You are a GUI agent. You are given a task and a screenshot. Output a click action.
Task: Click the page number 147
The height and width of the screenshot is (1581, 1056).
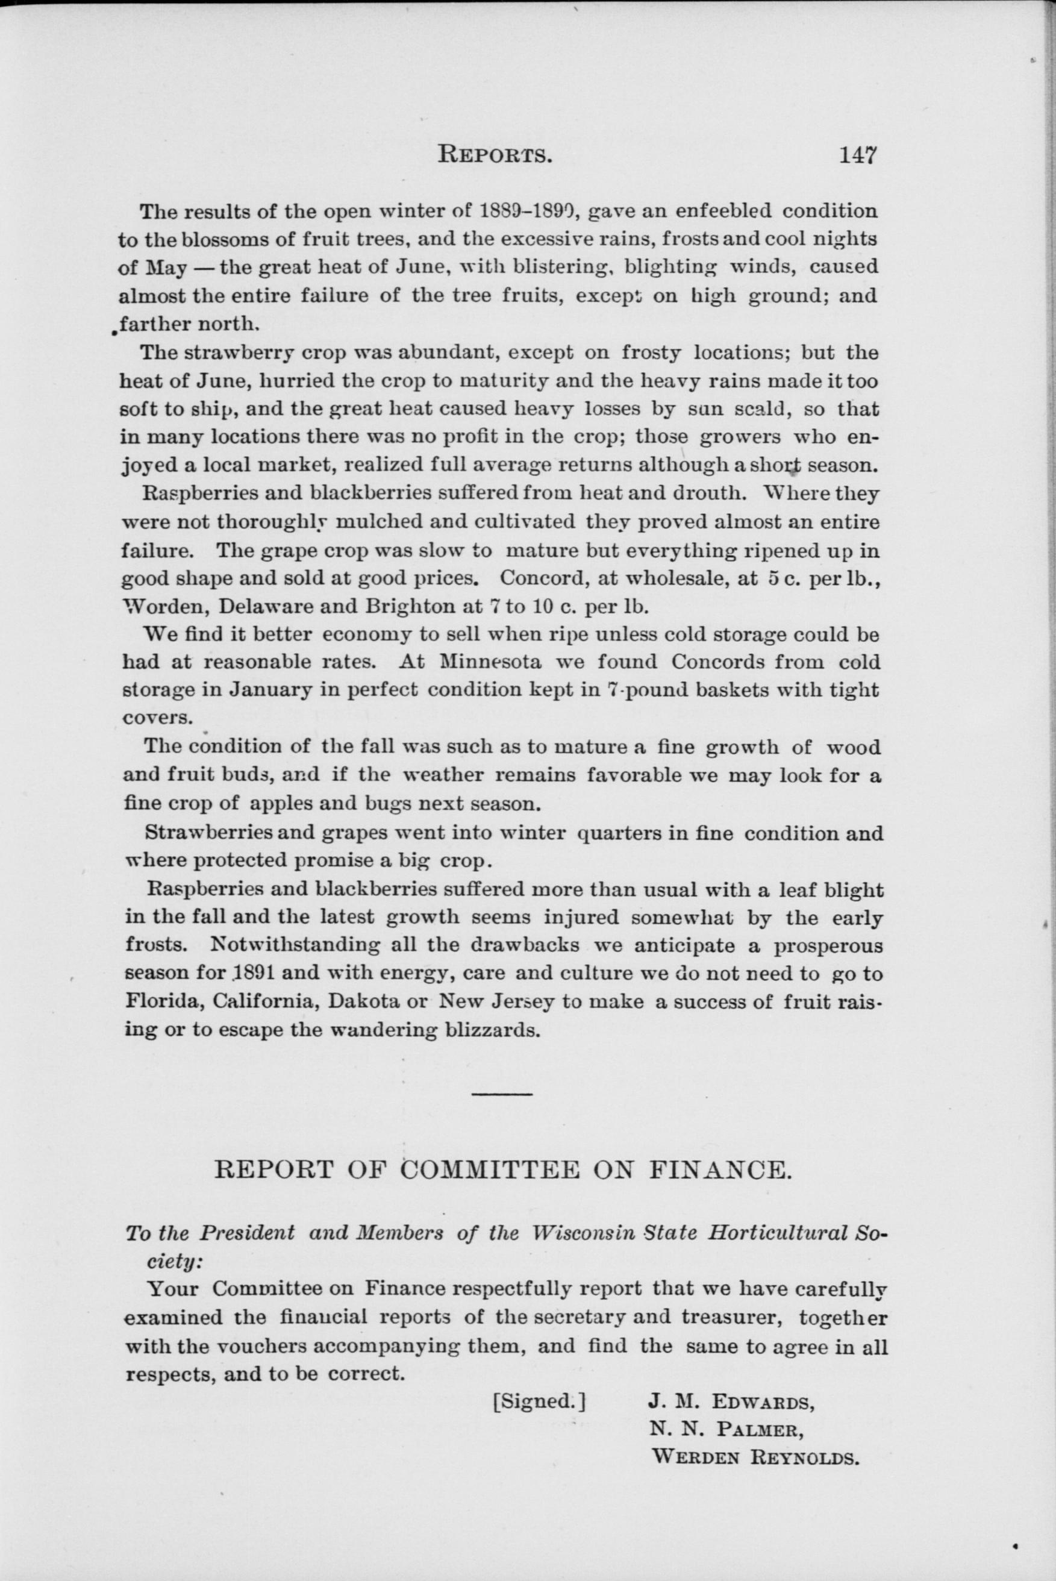pyautogui.click(x=858, y=155)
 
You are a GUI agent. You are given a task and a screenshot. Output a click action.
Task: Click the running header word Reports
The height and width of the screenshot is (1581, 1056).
pyautogui.click(x=495, y=155)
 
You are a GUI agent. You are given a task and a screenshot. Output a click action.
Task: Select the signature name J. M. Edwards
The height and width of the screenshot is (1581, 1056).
pyautogui.click(x=731, y=1403)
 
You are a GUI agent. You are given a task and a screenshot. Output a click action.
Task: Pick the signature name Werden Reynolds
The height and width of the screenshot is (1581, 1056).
pyautogui.click(x=755, y=1459)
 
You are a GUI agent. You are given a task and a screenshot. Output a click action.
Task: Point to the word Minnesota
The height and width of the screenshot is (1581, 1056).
pyautogui.click(x=490, y=662)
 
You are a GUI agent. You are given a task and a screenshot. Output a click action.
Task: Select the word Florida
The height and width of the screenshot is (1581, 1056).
pyautogui.click(x=165, y=1002)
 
